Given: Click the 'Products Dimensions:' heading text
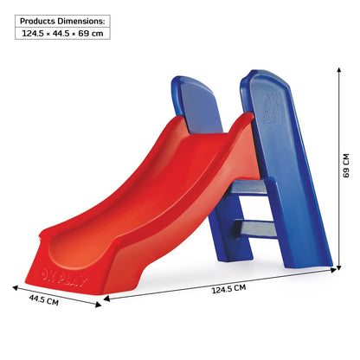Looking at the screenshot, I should [x=63, y=19].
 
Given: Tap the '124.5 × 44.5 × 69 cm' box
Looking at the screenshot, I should [x=63, y=34].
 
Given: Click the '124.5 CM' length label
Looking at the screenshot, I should [x=228, y=287].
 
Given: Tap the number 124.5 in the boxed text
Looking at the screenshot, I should [x=37, y=34].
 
